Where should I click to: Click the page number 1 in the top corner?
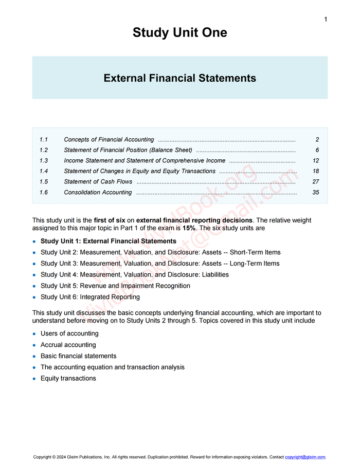(326, 20)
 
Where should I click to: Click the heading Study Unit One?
(179, 32)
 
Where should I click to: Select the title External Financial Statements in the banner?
(179, 78)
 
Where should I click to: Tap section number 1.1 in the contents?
(43, 140)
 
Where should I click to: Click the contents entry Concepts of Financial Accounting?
(109, 140)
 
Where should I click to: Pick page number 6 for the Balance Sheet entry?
(317, 150)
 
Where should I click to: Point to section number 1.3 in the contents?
(43, 161)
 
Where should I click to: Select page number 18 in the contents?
(316, 171)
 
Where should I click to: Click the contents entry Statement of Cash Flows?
(98, 182)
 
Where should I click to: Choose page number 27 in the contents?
(316, 182)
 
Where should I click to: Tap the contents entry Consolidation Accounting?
(98, 193)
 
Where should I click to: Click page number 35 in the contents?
(316, 193)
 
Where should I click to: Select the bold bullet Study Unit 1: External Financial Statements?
(108, 241)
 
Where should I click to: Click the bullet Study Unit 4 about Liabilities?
(135, 275)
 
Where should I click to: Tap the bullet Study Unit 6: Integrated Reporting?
(90, 297)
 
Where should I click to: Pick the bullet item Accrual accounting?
(68, 345)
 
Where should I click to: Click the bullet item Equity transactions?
(68, 379)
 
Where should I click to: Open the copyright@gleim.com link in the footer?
(305, 457)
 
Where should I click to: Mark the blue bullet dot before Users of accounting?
(34, 334)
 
